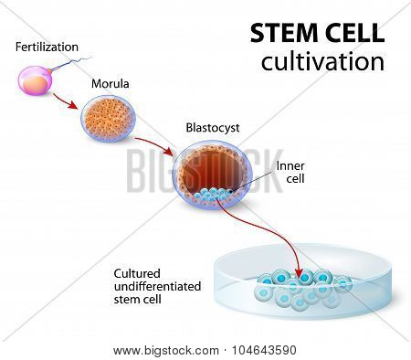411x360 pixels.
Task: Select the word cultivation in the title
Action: [322, 61]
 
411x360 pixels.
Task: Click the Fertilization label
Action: [47, 47]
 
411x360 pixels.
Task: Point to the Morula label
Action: [111, 84]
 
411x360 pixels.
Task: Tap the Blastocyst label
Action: [213, 128]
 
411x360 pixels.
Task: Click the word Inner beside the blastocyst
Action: [290, 166]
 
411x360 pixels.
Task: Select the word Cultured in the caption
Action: [137, 274]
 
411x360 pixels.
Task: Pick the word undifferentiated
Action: [157, 287]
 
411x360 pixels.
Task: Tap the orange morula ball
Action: [109, 119]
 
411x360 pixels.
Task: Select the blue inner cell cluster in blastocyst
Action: [213, 195]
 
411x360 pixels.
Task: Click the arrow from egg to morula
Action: [65, 101]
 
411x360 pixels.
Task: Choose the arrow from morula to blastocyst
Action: [153, 144]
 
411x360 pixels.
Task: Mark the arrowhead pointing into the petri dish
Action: [300, 271]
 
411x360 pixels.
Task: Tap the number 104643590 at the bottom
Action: [264, 350]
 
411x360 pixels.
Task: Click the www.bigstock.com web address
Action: [166, 351]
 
